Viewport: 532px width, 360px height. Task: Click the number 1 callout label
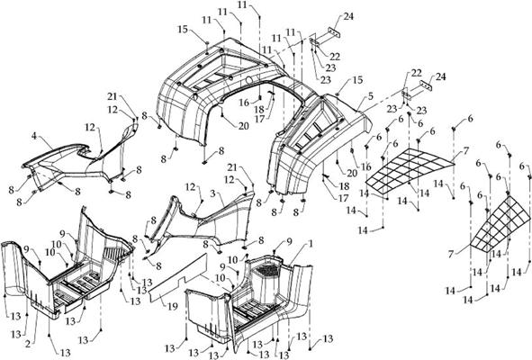tap(311, 244)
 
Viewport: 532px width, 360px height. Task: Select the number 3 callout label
tap(211, 193)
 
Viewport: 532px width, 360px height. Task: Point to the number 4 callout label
tap(33, 137)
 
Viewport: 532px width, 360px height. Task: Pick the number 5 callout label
tap(369, 95)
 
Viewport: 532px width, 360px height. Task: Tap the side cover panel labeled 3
tap(194, 220)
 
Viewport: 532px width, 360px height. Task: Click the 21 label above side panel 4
tap(113, 96)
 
